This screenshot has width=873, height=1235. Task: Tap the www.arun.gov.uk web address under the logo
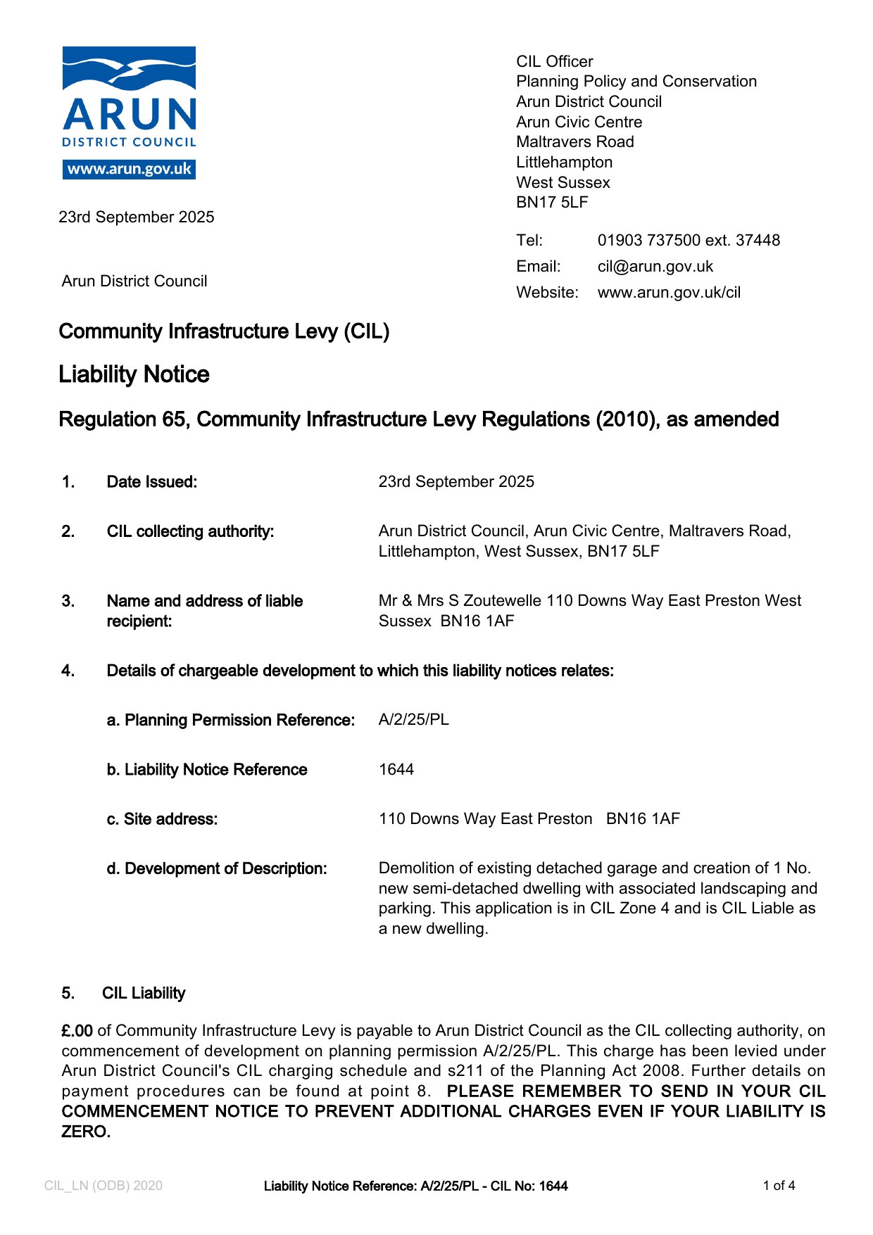(129, 170)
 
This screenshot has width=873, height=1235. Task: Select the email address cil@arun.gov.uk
(655, 267)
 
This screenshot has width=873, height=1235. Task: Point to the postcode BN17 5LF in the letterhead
(551, 203)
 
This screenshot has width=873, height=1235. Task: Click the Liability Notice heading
(134, 374)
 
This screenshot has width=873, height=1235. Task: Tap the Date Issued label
(151, 482)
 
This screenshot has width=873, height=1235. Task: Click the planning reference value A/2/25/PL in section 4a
(413, 720)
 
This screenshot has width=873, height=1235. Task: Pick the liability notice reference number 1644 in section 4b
(396, 770)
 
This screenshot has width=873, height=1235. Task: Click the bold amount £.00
(77, 1031)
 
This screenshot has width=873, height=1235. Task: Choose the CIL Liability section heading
(144, 994)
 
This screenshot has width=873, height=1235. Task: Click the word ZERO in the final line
(85, 1132)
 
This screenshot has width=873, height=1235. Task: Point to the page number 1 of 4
(779, 1186)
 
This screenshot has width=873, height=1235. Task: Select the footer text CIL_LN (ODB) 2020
(103, 1186)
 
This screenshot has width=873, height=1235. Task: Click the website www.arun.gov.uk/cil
(669, 293)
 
